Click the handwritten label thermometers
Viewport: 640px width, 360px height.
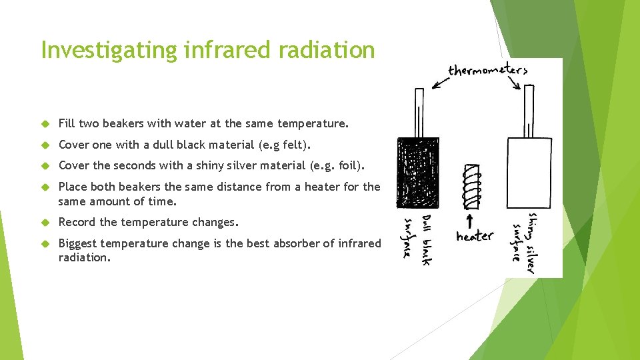click(487, 70)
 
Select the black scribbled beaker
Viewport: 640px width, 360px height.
click(418, 172)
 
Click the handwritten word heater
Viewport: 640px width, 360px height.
click(475, 236)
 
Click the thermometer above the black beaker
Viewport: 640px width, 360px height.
click(419, 112)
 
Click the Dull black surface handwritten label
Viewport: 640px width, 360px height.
click(418, 239)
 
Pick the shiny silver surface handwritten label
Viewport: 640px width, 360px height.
click(524, 242)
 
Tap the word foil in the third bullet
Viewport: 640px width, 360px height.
click(347, 165)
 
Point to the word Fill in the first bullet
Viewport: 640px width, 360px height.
click(67, 123)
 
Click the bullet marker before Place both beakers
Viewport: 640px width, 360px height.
click(46, 187)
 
